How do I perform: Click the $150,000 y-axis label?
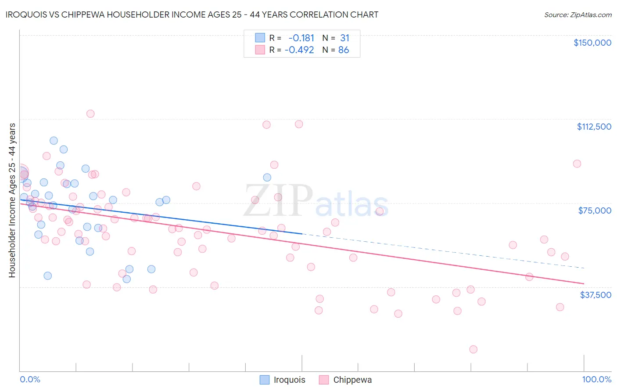click(592, 43)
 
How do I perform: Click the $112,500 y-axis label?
click(594, 127)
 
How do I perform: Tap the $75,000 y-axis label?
click(595, 211)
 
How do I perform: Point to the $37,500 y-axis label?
click(595, 295)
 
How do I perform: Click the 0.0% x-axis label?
click(30, 379)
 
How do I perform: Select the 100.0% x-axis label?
click(596, 379)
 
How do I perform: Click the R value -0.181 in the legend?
click(301, 38)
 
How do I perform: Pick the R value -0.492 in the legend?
click(299, 50)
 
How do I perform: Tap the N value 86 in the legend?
click(344, 50)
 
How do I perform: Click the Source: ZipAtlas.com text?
click(578, 15)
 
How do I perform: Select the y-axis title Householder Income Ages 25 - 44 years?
click(12, 200)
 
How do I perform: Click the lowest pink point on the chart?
click(473, 349)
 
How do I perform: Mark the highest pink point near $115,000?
click(90, 114)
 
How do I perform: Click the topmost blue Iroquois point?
click(54, 141)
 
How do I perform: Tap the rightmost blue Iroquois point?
click(267, 178)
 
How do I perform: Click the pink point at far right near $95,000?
click(577, 163)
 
